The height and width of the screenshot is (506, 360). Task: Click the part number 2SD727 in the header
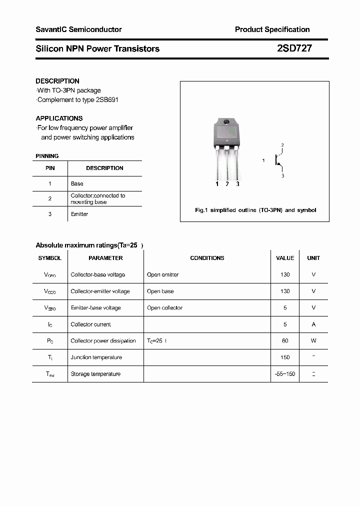point(294,48)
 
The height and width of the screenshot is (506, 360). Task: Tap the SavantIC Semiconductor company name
point(78,29)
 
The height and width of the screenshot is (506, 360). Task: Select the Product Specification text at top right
point(272,29)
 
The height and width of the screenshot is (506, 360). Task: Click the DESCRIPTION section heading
point(57,81)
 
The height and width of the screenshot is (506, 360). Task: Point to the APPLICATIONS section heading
point(59,118)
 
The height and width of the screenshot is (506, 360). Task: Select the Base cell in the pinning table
point(77,183)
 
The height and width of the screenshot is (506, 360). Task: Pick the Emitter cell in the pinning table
point(79,214)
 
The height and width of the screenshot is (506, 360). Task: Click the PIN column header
point(50,168)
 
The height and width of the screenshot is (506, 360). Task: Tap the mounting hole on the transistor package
point(226,122)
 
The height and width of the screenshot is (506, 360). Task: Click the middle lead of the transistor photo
point(227,165)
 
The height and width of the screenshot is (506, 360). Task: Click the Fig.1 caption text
point(255,210)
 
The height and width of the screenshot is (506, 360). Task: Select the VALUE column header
point(285,258)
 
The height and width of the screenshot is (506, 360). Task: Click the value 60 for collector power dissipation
point(285,341)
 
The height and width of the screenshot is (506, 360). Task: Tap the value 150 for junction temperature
point(285,357)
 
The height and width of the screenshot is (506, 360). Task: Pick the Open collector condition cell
point(165,308)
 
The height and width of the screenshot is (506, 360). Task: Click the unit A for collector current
point(313,324)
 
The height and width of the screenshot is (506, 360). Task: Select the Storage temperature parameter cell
point(95,374)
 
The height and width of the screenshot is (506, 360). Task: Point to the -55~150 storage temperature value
point(285,374)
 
